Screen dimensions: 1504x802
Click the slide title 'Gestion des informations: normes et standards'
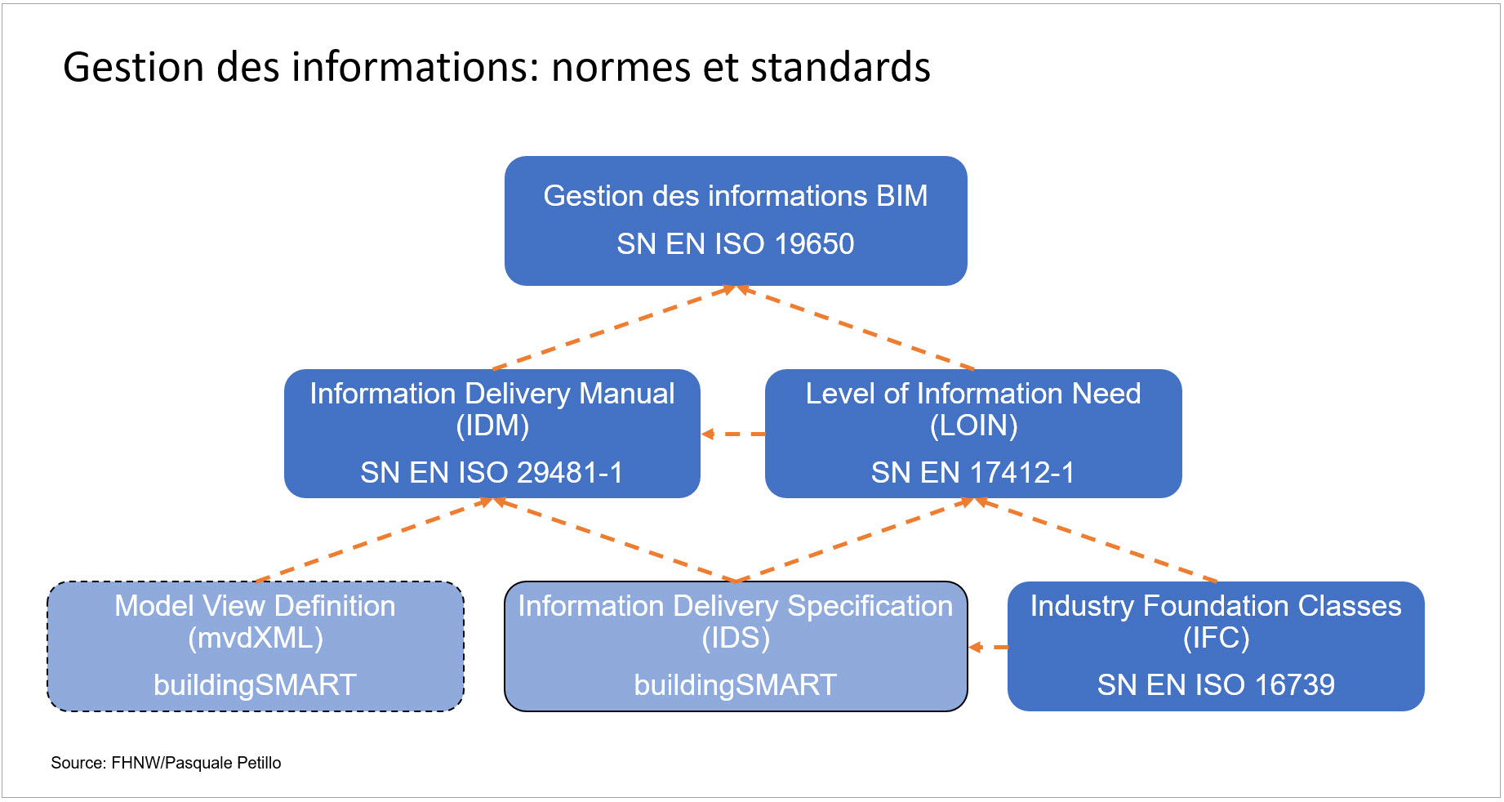(496, 67)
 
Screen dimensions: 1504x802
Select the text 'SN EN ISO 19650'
(736, 243)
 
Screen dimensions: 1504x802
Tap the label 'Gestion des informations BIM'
(736, 196)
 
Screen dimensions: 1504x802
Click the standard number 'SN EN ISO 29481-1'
(492, 472)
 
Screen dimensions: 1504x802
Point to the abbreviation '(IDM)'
(492, 426)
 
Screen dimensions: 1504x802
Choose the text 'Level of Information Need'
(973, 394)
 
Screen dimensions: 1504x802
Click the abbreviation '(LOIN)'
(974, 426)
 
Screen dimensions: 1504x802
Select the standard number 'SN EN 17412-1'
(973, 472)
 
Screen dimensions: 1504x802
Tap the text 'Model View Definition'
(255, 606)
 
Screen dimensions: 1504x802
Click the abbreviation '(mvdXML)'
(256, 638)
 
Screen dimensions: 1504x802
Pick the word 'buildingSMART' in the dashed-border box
(255, 684)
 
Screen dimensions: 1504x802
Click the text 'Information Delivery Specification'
(736, 606)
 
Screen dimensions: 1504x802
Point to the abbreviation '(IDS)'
(736, 638)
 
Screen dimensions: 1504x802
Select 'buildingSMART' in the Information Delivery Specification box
(736, 684)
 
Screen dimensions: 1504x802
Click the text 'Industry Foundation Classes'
(1216, 606)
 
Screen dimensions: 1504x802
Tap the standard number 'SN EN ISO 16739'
(1216, 684)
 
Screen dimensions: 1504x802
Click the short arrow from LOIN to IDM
(733, 434)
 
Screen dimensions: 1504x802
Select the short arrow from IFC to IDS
(988, 647)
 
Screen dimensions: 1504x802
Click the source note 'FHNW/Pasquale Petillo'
(196, 763)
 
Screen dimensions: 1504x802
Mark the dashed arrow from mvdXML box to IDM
(374, 540)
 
